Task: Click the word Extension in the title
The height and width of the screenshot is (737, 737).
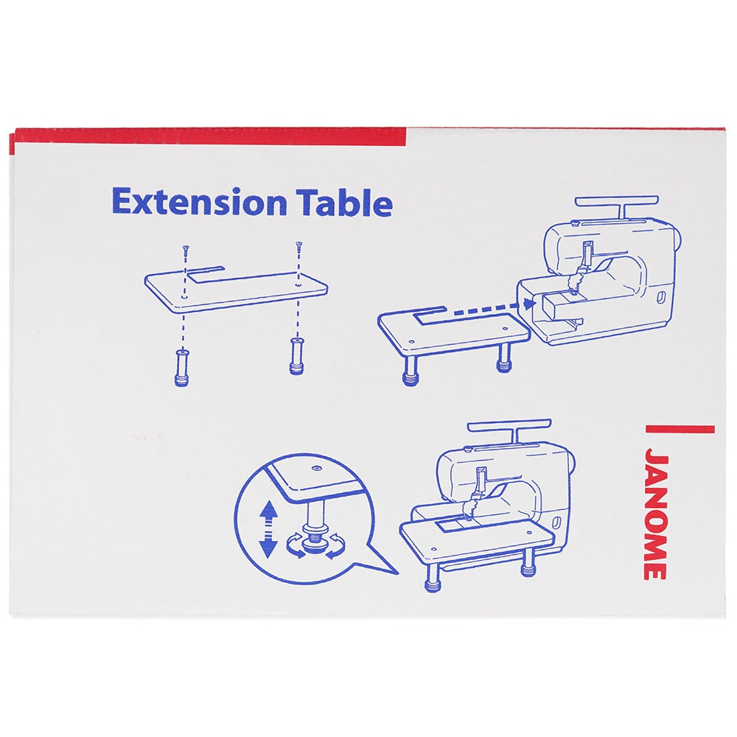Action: [x=199, y=203]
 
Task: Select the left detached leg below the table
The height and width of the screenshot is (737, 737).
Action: [x=181, y=368]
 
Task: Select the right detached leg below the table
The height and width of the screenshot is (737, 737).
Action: [x=296, y=356]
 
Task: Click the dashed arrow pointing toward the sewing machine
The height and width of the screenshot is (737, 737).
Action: [x=491, y=308]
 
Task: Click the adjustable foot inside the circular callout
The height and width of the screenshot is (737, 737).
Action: [x=313, y=539]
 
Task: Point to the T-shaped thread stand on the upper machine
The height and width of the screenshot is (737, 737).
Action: [x=617, y=207]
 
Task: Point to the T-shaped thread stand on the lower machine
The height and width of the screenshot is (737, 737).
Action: [x=510, y=430]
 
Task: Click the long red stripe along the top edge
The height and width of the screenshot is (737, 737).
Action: [x=210, y=137]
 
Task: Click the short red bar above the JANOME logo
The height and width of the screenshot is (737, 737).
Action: [x=680, y=429]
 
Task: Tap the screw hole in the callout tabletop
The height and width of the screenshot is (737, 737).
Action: [x=316, y=468]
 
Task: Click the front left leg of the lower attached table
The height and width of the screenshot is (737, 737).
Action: [x=432, y=577]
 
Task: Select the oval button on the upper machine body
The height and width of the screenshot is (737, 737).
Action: [x=661, y=297]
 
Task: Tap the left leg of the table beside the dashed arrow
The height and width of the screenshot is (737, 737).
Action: [x=411, y=371]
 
